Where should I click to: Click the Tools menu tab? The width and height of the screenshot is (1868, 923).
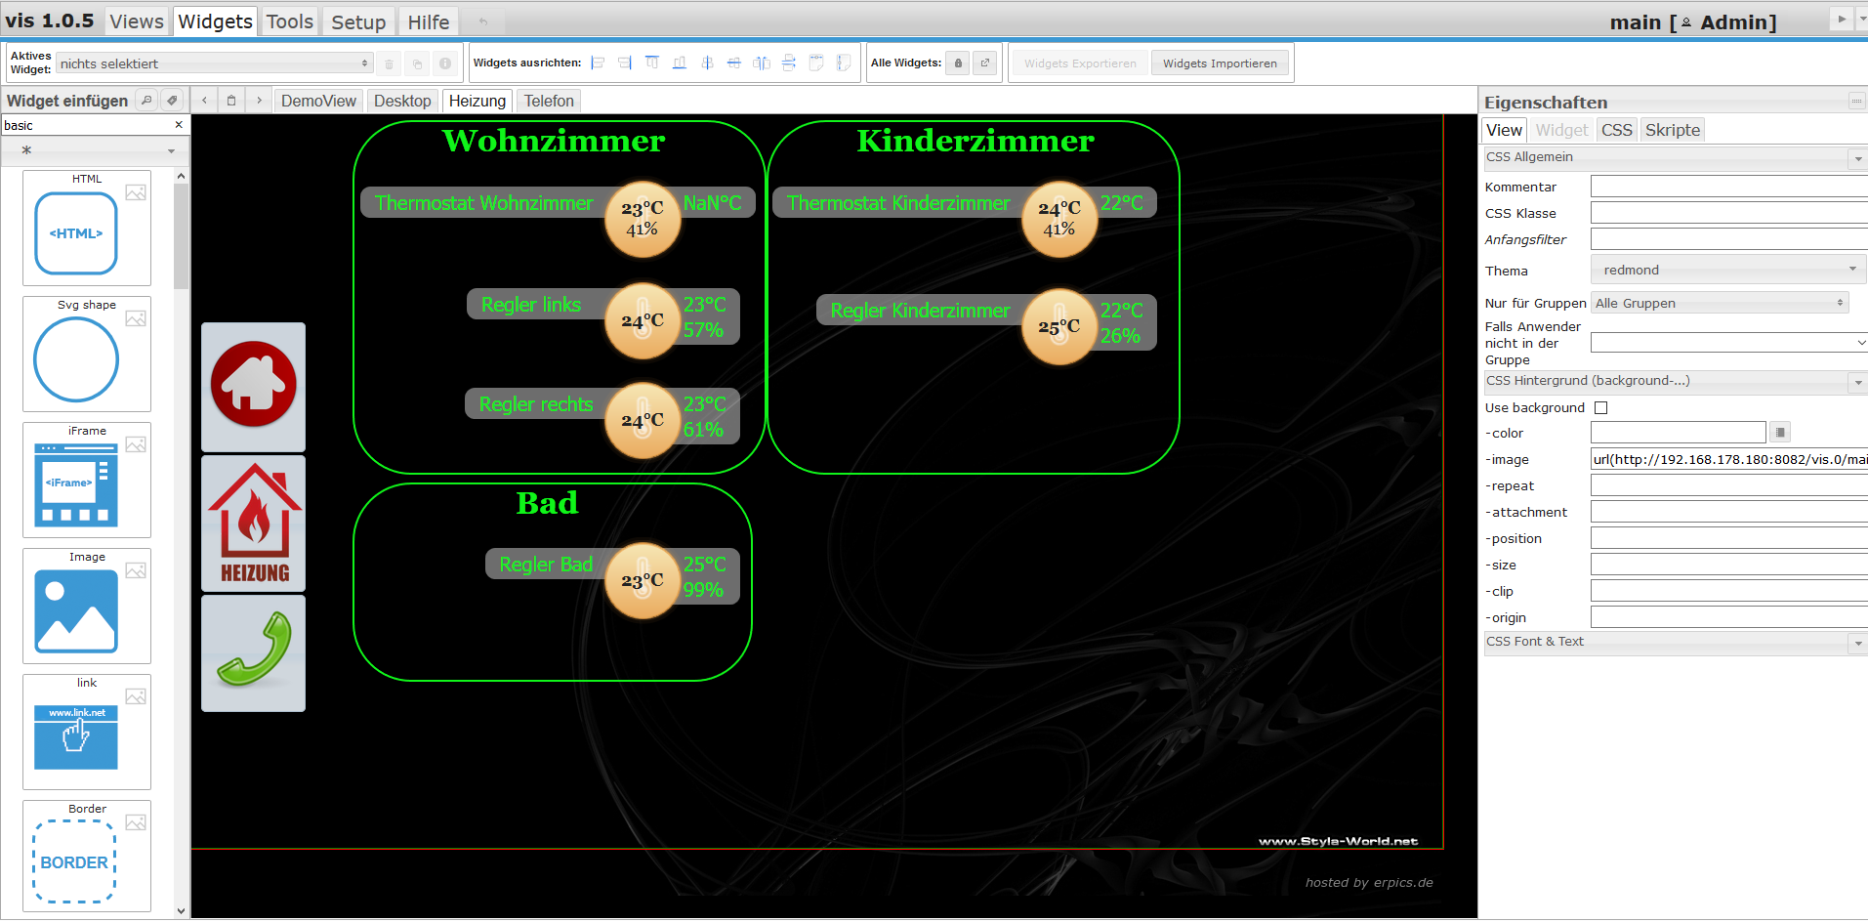coord(290,21)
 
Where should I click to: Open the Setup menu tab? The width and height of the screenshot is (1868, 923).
coord(358,21)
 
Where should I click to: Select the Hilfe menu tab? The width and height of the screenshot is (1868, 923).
coord(428,21)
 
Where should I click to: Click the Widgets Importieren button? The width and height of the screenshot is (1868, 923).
coord(1220,63)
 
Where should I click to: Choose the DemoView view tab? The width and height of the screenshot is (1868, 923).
coord(318,101)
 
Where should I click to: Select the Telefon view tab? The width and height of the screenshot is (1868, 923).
coord(549,101)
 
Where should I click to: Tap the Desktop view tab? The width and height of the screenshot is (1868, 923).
coord(402,101)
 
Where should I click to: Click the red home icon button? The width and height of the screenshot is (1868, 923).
coord(253,386)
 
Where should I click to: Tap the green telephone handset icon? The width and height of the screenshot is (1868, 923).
coord(253,652)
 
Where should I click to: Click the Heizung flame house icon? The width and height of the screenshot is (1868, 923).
coord(253,524)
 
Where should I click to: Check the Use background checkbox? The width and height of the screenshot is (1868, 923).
coord(1600,407)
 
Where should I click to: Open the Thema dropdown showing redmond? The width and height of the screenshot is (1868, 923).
coord(1727,270)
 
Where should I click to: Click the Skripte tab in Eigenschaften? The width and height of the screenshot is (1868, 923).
coord(1672,130)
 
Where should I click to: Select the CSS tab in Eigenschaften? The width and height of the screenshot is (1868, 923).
coord(1616,130)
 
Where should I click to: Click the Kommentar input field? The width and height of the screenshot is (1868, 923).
coord(1728,187)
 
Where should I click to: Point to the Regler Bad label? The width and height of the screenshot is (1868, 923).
coord(546,565)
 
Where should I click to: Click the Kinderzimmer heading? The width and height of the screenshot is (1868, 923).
coord(976,141)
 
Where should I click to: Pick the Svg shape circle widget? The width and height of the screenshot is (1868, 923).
coord(76,359)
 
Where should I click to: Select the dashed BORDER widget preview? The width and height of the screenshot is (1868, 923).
coord(75,861)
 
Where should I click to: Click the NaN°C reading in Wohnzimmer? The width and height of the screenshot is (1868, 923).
coord(712,203)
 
